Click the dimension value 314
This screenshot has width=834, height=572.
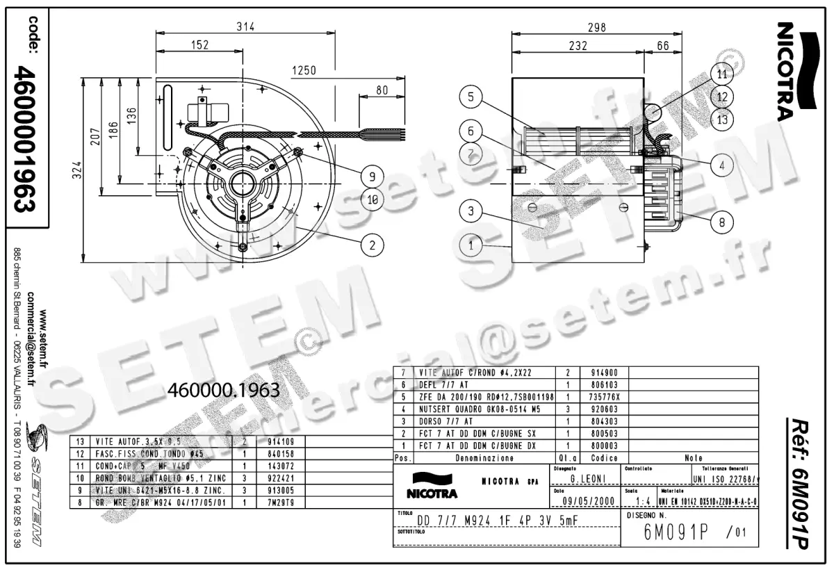tap(245, 26)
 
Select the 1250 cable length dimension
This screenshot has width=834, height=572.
tap(304, 70)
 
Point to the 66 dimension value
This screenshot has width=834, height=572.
tap(662, 46)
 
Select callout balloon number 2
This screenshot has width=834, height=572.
tap(373, 244)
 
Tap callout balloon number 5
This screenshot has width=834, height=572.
tap(471, 97)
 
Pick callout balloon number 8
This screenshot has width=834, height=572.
tap(722, 223)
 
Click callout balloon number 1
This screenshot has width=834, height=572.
tap(471, 245)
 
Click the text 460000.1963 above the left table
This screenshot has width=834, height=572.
tap(224, 391)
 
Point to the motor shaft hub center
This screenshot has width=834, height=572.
tap(243, 184)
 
